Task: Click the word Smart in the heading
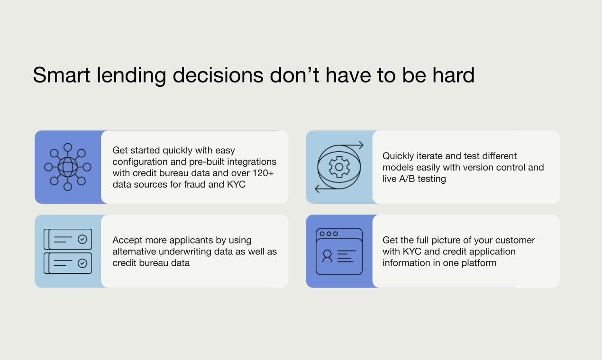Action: (x=61, y=75)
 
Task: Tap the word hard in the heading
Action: (x=453, y=75)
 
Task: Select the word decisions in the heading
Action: (x=218, y=75)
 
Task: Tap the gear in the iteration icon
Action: (x=339, y=167)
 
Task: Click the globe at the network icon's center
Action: (x=68, y=167)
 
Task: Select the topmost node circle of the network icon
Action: (x=68, y=147)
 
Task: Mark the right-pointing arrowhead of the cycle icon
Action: (x=361, y=145)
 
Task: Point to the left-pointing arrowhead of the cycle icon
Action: (x=317, y=189)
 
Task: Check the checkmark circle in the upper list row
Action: (x=82, y=239)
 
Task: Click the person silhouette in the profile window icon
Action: (x=328, y=256)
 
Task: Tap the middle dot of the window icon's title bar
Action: (x=328, y=234)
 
